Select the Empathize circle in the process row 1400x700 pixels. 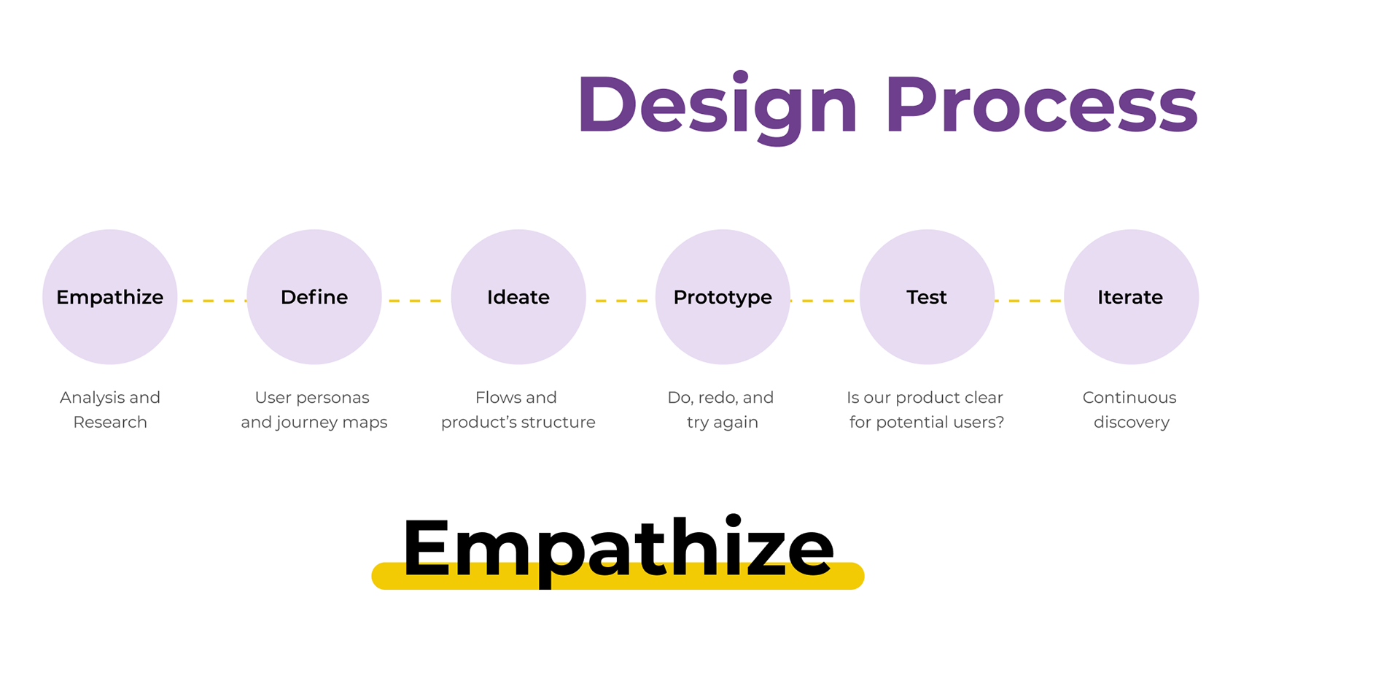[x=110, y=297]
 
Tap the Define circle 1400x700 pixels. [x=314, y=297]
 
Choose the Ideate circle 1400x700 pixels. [x=518, y=297]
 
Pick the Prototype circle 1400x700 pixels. [x=723, y=297]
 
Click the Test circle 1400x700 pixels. [x=927, y=297]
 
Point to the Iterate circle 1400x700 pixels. [x=1131, y=297]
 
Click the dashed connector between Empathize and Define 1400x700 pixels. [x=212, y=301]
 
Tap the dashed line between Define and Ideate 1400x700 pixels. [x=416, y=301]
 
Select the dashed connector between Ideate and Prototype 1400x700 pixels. [x=621, y=301]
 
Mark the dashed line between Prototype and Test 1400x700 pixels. [x=825, y=301]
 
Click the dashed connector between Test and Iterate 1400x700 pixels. [x=1029, y=301]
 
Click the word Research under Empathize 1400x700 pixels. [x=110, y=423]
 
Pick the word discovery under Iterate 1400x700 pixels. [x=1131, y=423]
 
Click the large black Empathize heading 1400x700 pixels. [x=618, y=549]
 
